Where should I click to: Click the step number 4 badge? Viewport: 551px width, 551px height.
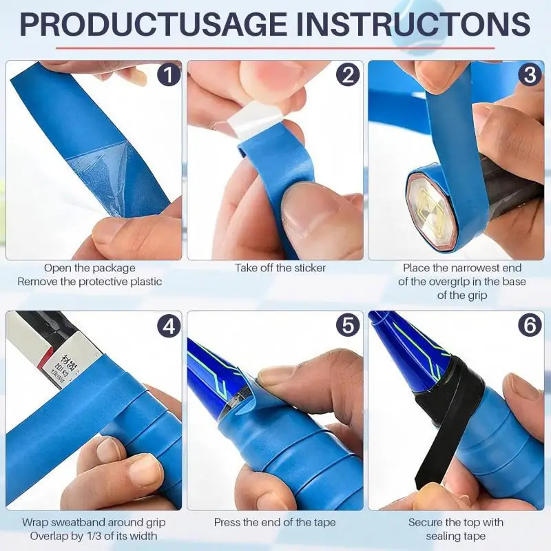point(168,325)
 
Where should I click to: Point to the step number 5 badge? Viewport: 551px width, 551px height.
point(349,325)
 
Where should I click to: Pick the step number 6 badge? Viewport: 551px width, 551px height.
point(530,325)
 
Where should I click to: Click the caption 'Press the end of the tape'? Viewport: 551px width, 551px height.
point(275,523)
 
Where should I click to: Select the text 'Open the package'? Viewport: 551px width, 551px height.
point(90,268)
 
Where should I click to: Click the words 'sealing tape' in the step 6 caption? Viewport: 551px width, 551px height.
point(456,537)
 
